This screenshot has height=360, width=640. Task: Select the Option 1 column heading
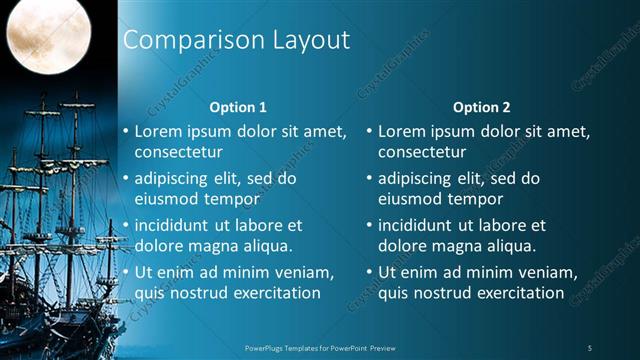238,106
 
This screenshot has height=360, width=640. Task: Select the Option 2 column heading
481,106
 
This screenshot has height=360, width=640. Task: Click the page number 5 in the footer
589,347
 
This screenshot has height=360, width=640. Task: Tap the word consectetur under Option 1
178,152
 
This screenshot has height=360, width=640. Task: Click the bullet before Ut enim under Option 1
125,272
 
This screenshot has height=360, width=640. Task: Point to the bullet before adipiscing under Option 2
369,179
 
